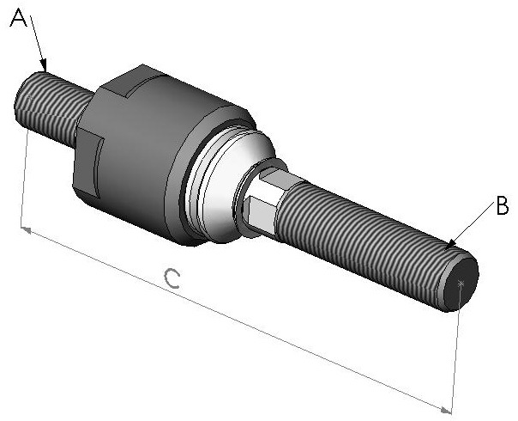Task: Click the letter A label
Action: click(17, 19)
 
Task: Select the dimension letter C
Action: click(172, 278)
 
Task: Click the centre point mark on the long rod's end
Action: click(462, 284)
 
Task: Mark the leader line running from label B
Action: click(473, 226)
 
